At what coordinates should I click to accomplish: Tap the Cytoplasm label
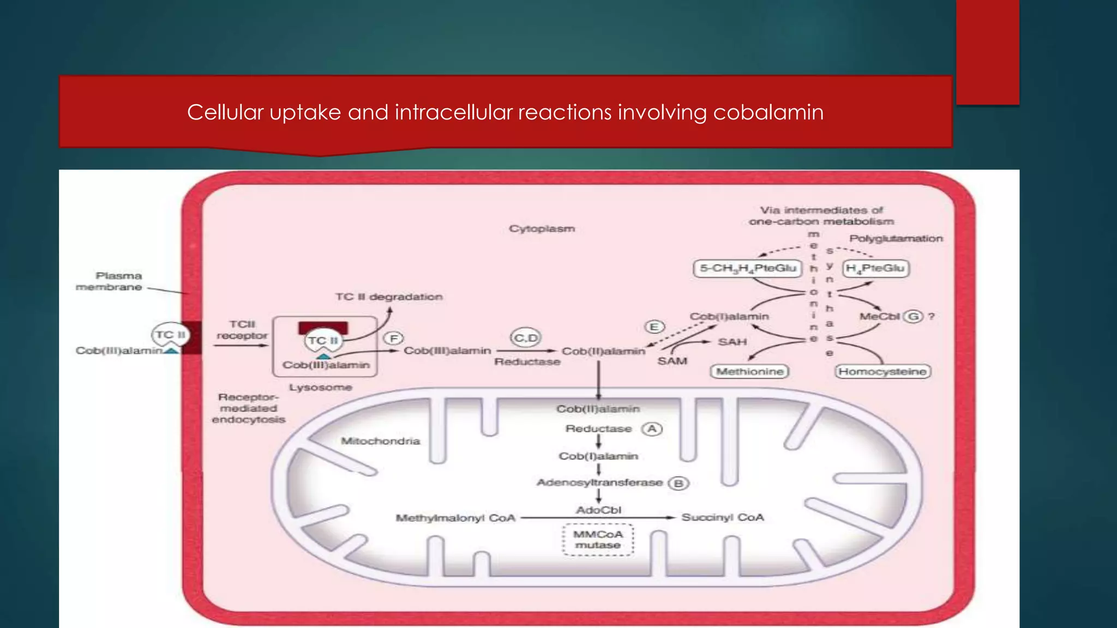click(542, 228)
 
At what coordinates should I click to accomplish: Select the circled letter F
click(393, 339)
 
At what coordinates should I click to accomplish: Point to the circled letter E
click(654, 327)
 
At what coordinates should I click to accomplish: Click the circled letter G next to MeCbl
click(913, 316)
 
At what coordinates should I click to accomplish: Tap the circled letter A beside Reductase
click(652, 429)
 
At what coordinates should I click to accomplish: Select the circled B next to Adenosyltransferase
click(678, 484)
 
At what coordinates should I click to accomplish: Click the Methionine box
click(750, 372)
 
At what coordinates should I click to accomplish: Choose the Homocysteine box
click(882, 372)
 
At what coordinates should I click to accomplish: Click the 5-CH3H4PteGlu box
click(748, 268)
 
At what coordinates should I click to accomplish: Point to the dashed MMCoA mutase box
click(598, 540)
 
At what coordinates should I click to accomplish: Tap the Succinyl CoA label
click(723, 517)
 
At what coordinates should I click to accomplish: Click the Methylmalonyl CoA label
click(455, 518)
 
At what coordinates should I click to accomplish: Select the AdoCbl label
click(598, 510)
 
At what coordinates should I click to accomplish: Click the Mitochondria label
click(380, 441)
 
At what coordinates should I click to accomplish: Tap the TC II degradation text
click(389, 297)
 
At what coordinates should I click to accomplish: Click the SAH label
click(732, 342)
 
